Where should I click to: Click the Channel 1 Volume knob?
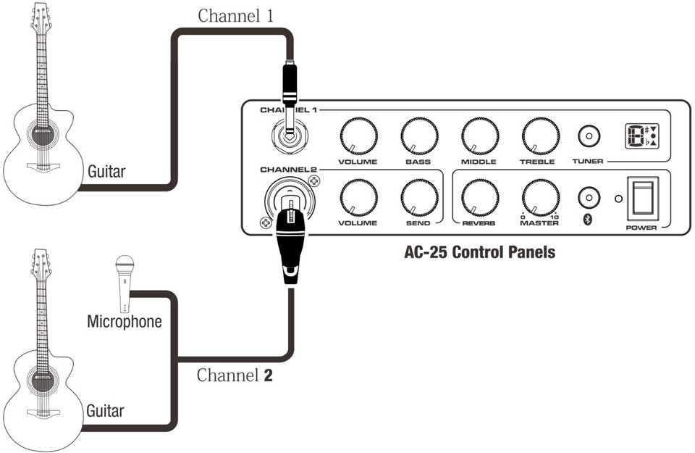coord(358,136)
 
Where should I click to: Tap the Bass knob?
coord(419,136)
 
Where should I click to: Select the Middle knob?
coord(480,136)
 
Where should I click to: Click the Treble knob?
coord(540,136)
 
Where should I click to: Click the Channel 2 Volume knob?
coord(358,196)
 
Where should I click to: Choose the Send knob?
coord(419,196)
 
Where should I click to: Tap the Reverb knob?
coord(480,196)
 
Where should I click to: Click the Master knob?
coord(540,196)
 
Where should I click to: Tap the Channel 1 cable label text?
coord(236,16)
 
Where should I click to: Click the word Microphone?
coord(125,321)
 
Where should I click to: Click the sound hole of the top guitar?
coord(42,131)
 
